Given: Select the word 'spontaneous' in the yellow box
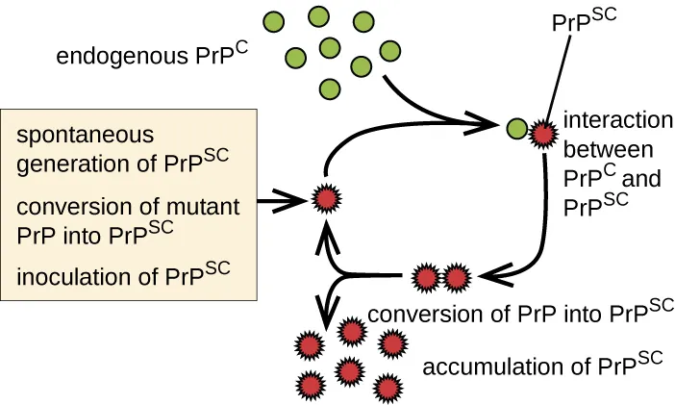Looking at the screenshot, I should coord(85,134).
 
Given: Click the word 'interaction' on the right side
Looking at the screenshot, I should coord(617,121).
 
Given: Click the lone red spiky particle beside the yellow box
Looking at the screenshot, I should coord(327,200).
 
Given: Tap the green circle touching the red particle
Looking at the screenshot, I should coord(516,128).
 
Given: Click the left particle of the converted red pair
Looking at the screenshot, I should coord(426,278).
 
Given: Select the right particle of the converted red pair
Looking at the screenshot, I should coord(455,278).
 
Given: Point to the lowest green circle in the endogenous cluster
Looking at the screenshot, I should coord(331,89).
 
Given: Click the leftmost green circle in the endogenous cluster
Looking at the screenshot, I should coord(273,20).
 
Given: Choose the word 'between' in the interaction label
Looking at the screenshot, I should coord(608,150).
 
